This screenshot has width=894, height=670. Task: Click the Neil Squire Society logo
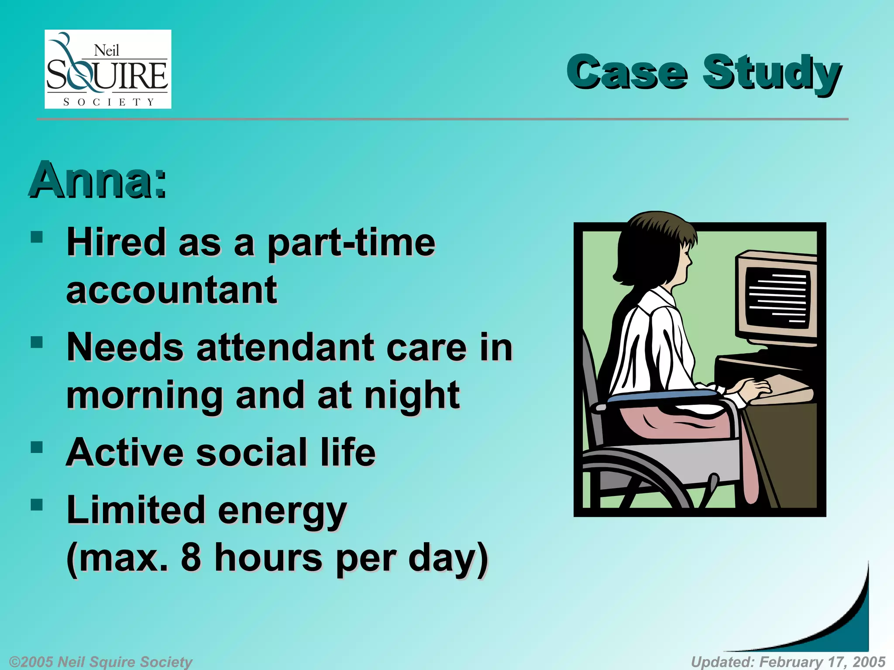click(108, 69)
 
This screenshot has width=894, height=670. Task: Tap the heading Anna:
click(98, 180)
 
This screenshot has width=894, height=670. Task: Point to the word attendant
click(285, 348)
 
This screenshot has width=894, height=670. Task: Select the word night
click(412, 395)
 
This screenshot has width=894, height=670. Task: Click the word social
click(251, 453)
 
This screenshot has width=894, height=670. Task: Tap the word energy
click(282, 511)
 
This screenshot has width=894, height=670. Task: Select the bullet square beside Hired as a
click(37, 237)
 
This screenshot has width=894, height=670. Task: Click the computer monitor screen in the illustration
click(777, 299)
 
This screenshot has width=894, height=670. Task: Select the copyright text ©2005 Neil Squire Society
click(100, 662)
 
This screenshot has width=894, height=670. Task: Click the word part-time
click(351, 243)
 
